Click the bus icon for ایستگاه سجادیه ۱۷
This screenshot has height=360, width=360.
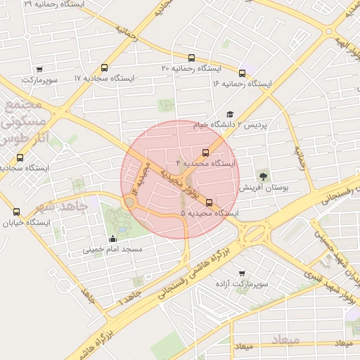(105, 68)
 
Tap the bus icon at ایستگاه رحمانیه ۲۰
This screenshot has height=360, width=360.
(192, 58)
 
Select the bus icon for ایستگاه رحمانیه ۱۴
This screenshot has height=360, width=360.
(243, 72)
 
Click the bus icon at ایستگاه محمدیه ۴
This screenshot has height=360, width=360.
(206, 152)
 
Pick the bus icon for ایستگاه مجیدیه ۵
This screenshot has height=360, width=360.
(209, 202)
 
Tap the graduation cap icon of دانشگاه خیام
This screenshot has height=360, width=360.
(230, 114)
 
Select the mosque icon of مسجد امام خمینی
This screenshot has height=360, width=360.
(113, 238)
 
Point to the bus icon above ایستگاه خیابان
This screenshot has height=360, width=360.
(17, 212)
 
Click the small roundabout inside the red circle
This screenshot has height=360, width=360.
(129, 202)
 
